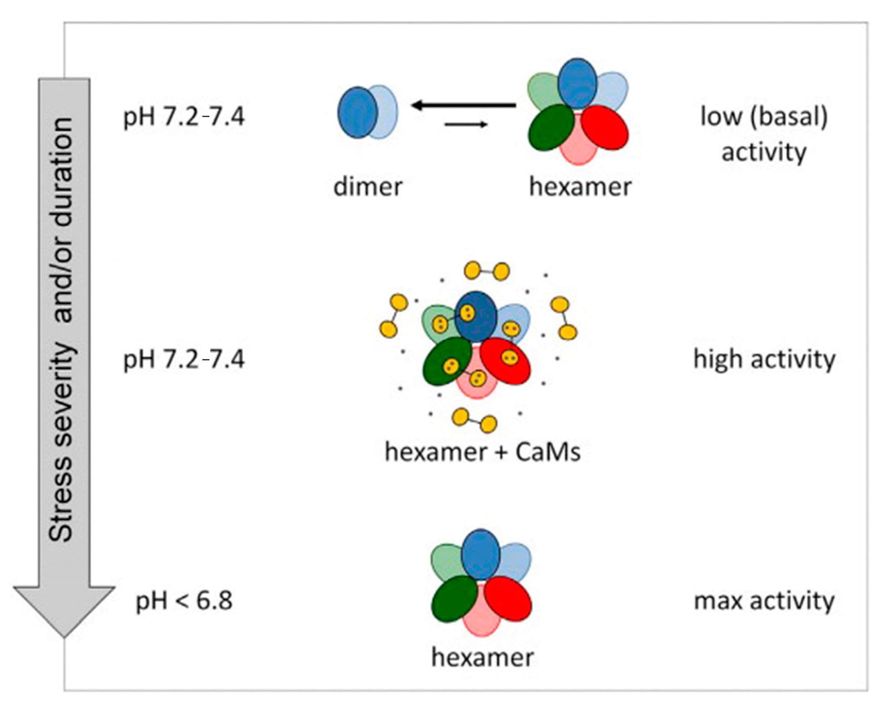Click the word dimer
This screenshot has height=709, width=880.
(x=368, y=187)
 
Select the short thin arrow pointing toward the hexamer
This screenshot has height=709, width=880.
(x=466, y=124)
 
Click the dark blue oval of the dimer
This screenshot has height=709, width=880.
(x=356, y=112)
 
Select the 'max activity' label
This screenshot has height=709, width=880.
(x=764, y=602)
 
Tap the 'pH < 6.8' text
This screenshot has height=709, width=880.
(x=184, y=602)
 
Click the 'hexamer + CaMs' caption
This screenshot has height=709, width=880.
(x=482, y=452)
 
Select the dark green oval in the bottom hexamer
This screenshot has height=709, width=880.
(x=454, y=599)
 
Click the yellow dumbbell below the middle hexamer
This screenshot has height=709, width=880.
(x=474, y=420)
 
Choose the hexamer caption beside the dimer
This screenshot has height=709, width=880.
(x=580, y=187)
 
